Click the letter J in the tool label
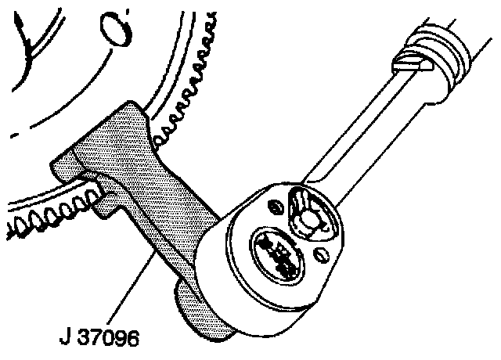pyautogui.click(x=65, y=340)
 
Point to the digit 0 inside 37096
pyautogui.click(x=115, y=340)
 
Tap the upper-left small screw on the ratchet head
pyautogui.click(x=274, y=207)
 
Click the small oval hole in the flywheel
pyautogui.click(x=117, y=32)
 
